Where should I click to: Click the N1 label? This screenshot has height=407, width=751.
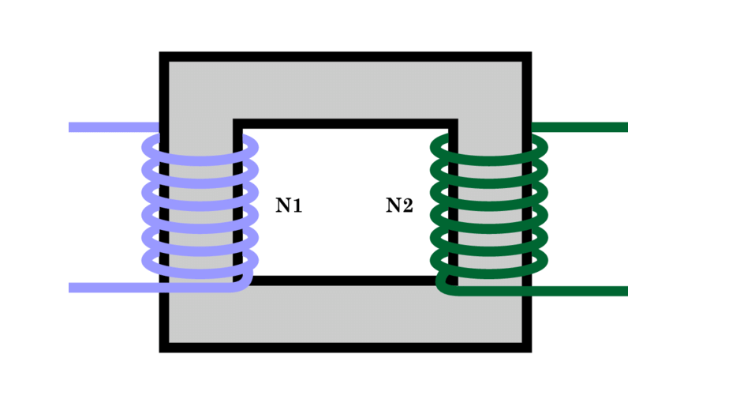coord(289,206)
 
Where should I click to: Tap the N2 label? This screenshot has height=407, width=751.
coord(399,206)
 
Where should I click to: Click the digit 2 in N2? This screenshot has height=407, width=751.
coord(407,206)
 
